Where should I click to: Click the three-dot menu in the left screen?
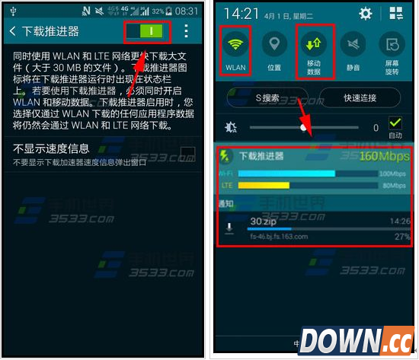coord(187,31)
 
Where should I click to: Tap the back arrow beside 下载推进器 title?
coord(13,31)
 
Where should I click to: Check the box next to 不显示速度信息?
coord(188,153)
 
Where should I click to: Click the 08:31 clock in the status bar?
coord(187,11)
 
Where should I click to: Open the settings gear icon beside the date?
coord(365,14)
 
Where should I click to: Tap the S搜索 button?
coord(267,97)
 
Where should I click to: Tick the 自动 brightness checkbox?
coord(395,123)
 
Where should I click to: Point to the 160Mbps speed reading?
coord(384,156)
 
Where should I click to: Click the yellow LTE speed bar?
coord(264,185)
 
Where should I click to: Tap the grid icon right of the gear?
coord(396,14)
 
